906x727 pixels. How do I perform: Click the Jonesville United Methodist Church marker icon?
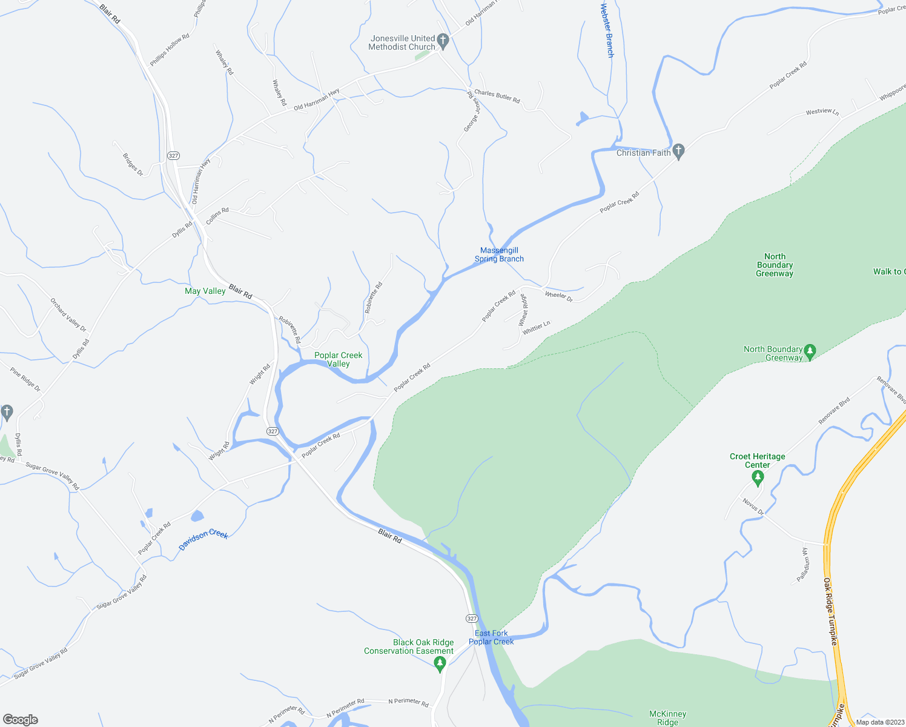pyautogui.click(x=443, y=41)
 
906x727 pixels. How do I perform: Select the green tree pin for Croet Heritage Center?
pyautogui.click(x=757, y=478)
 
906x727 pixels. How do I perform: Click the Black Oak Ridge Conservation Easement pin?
pyautogui.click(x=440, y=664)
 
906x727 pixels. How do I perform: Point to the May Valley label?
pyautogui.click(x=205, y=291)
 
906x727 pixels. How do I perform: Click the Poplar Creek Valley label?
pyautogui.click(x=338, y=359)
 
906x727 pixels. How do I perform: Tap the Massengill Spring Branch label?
pyautogui.click(x=499, y=254)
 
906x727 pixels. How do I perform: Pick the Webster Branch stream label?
pyautogui.click(x=607, y=30)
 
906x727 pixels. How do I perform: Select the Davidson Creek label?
pyautogui.click(x=203, y=540)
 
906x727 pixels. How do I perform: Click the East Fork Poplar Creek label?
pyautogui.click(x=491, y=637)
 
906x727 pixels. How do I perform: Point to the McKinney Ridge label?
pyautogui.click(x=667, y=718)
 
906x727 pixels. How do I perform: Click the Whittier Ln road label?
pyautogui.click(x=536, y=328)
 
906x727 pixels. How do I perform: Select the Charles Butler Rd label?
pyautogui.click(x=497, y=96)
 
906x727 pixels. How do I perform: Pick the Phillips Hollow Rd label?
pyautogui.click(x=170, y=50)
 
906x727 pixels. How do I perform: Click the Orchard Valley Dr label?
pyautogui.click(x=68, y=314)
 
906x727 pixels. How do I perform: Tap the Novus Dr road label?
pyautogui.click(x=753, y=506)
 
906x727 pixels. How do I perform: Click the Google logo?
pyautogui.click(x=20, y=720)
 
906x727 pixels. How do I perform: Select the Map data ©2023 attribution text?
pyautogui.click(x=879, y=722)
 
